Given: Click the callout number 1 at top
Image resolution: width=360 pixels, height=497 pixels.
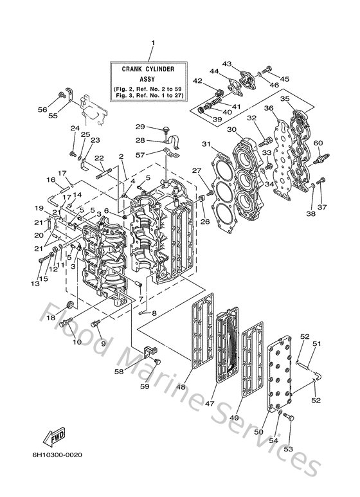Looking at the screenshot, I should (x=153, y=43).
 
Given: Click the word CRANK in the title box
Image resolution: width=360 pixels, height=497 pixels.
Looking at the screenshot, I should (x=134, y=67).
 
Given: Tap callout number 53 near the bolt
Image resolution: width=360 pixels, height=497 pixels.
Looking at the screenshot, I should (x=288, y=450).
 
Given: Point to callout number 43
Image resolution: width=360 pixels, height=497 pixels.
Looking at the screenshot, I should (x=227, y=64).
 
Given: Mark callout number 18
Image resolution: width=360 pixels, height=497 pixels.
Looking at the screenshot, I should (x=51, y=317).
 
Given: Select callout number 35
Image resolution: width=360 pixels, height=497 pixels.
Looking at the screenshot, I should (x=285, y=99).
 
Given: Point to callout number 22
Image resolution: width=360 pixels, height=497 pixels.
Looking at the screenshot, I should (x=99, y=158).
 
